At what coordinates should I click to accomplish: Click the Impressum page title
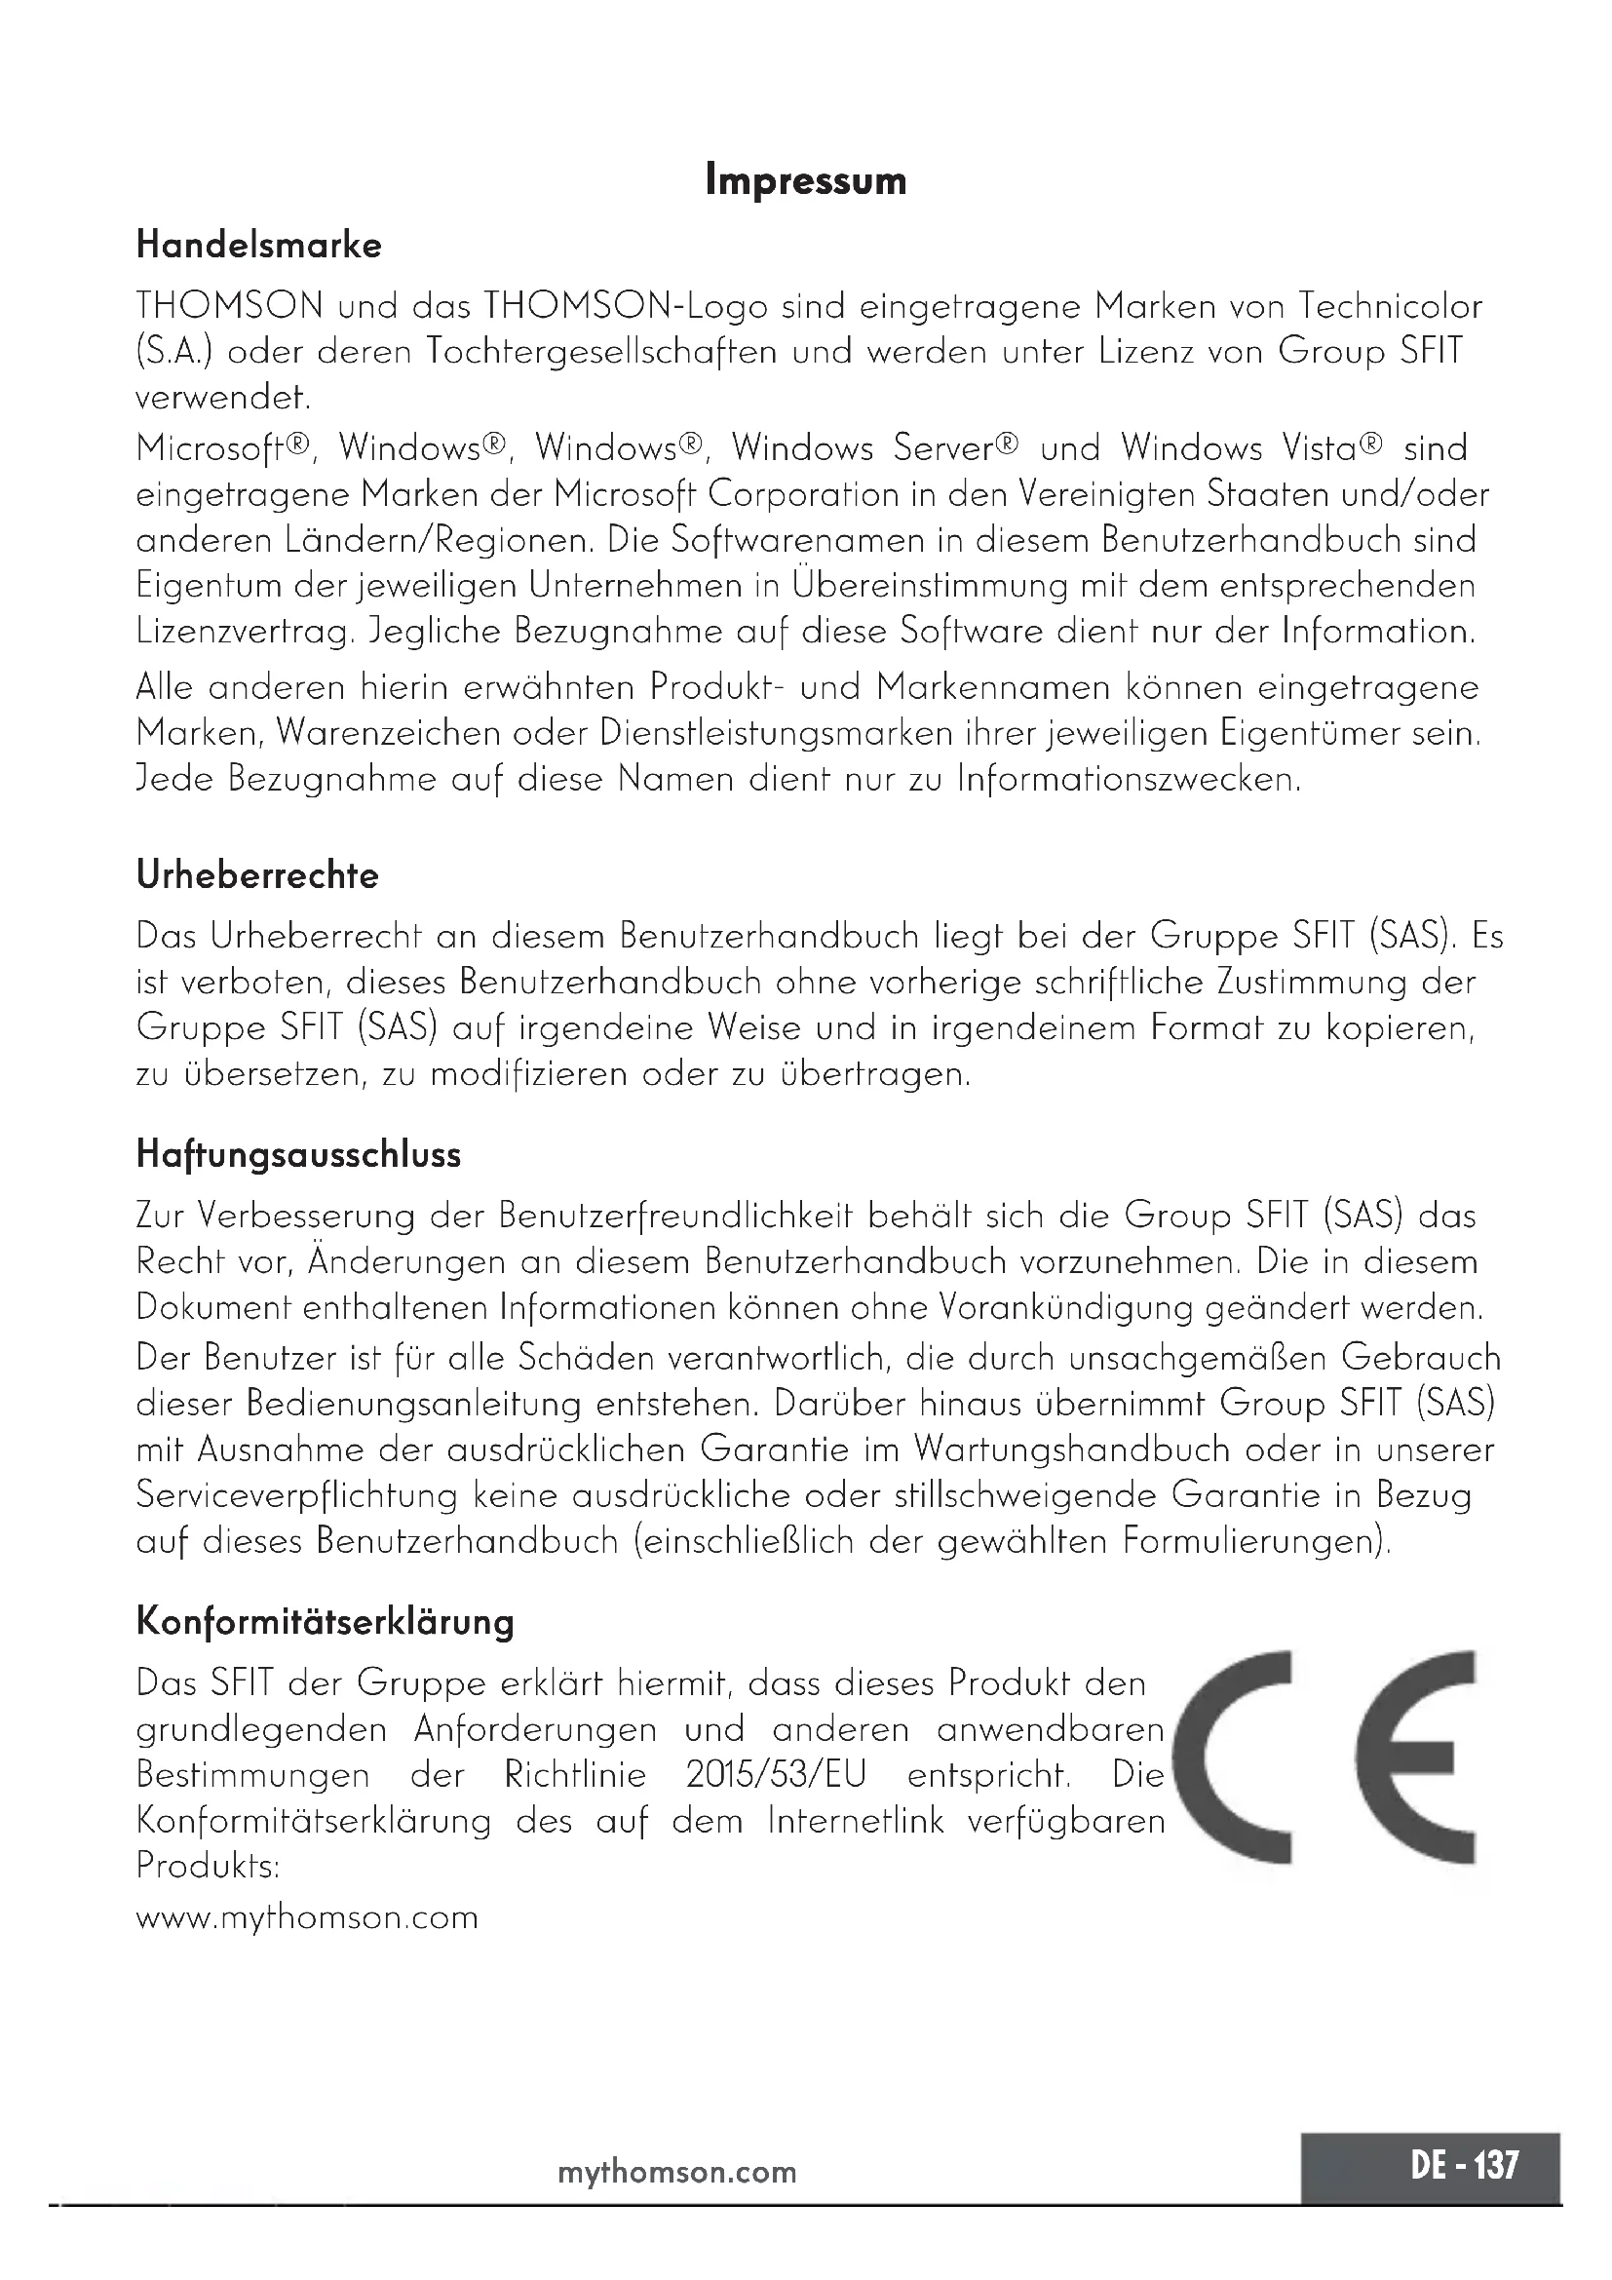click(x=805, y=181)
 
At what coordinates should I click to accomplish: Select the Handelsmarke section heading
click(x=258, y=246)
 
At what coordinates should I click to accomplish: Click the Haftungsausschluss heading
click(x=298, y=1155)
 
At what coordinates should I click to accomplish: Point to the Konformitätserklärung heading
click(x=325, y=1623)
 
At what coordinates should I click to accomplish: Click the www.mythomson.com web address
click(x=307, y=1916)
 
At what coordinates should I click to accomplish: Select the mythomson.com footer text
click(x=677, y=2173)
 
